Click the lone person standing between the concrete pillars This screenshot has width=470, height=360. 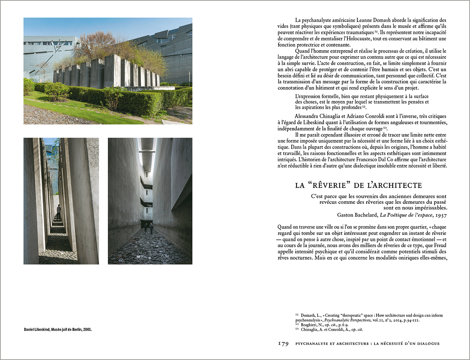click(59, 211)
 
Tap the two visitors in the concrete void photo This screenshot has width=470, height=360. click(148, 228)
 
